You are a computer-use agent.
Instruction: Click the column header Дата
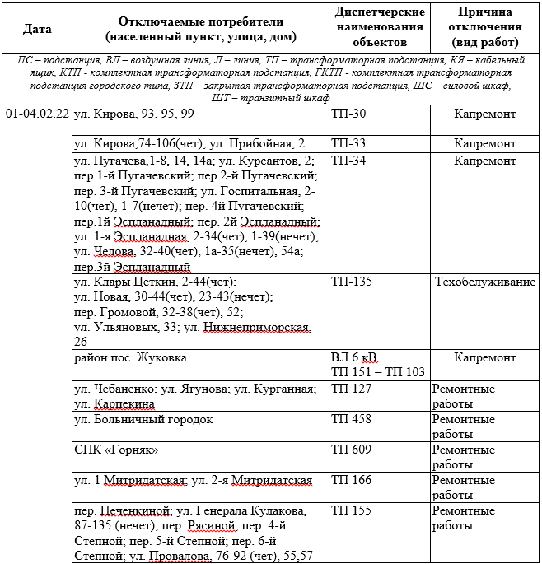point(37,28)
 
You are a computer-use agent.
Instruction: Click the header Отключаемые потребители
point(201,28)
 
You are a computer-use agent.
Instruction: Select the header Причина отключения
point(484,27)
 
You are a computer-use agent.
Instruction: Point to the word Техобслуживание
point(485,282)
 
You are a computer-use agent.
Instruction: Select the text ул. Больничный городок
point(143,419)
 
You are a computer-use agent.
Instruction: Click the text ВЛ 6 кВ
point(354,357)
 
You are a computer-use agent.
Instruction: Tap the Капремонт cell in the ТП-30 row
point(484,114)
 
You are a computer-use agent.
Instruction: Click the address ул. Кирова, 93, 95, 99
point(134,114)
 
